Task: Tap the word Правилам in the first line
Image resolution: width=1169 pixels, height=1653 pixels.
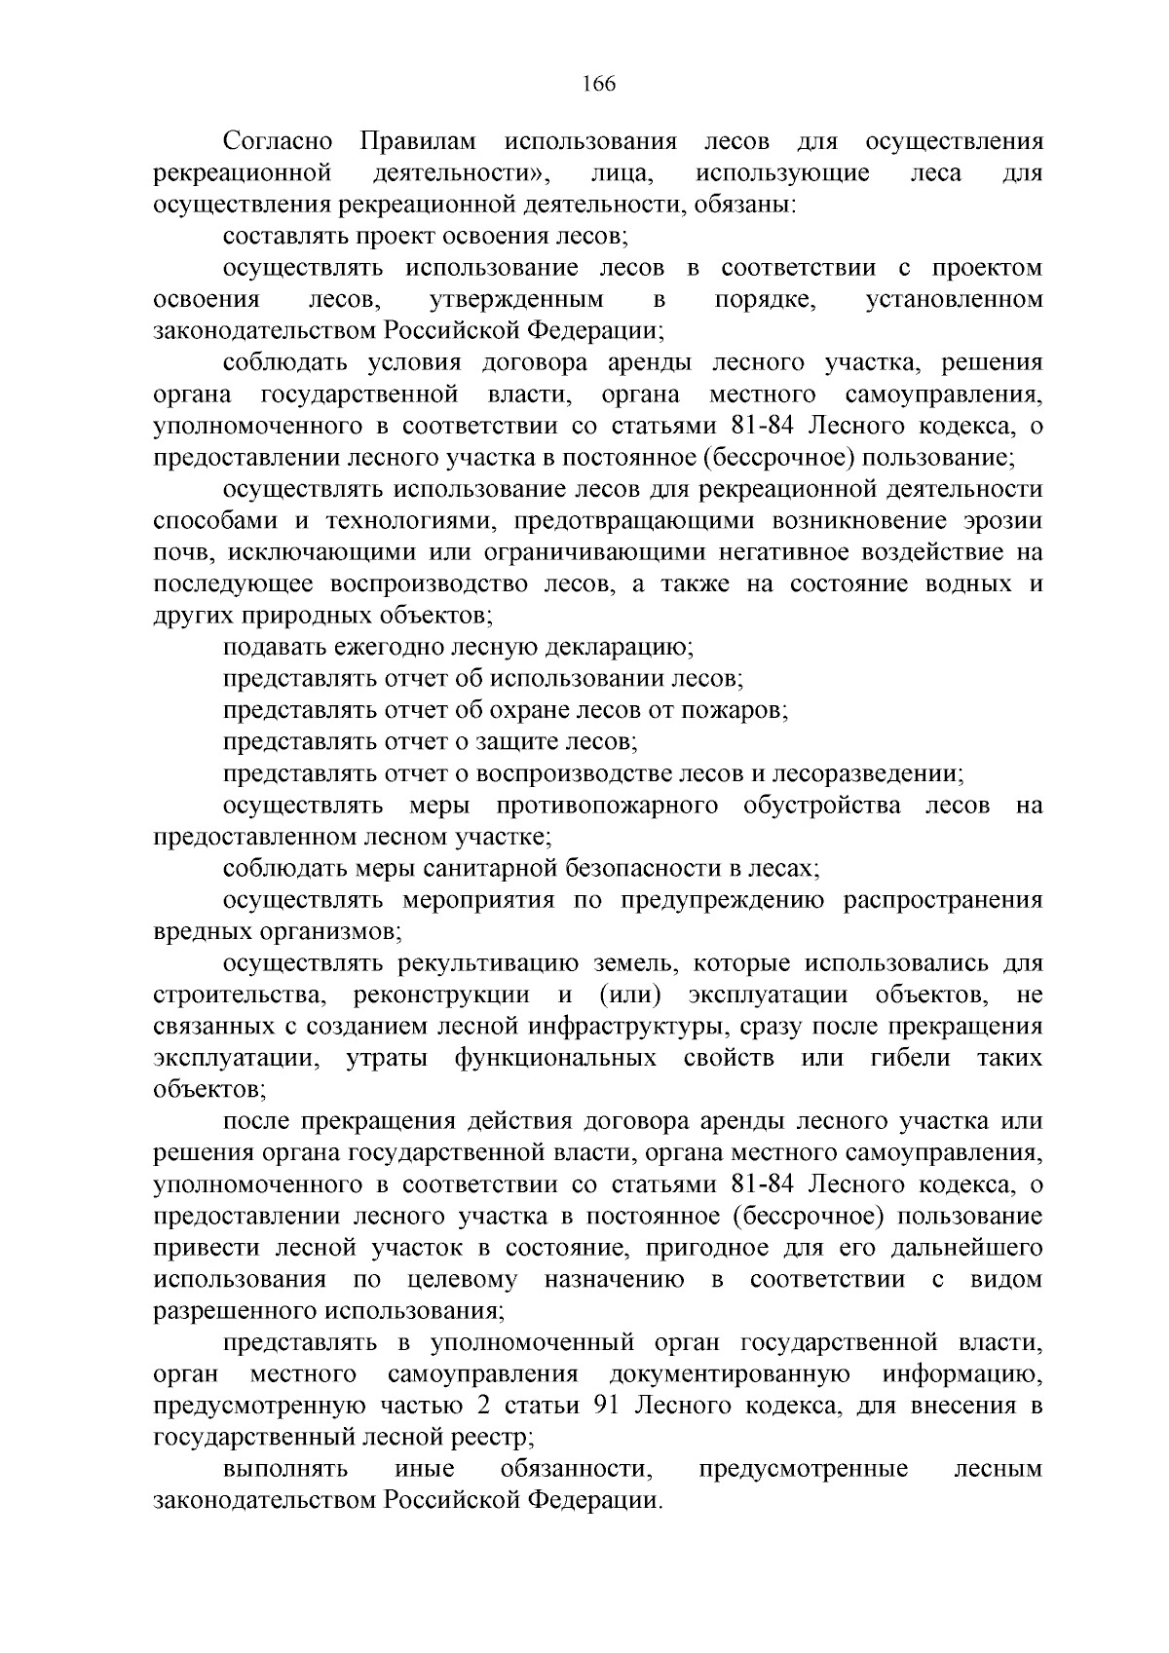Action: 419,142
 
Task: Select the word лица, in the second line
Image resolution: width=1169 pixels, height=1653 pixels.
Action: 622,174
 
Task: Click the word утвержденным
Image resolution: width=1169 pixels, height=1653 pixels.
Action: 515,300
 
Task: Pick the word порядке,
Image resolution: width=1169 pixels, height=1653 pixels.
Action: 765,300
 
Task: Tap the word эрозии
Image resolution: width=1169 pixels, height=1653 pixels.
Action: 998,521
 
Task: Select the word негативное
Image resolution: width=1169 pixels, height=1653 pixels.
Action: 784,552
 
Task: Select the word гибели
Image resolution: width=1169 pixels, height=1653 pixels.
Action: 910,1059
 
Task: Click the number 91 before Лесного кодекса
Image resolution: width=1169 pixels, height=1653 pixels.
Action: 609,1407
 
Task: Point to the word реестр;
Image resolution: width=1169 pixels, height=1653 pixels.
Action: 489,1438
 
